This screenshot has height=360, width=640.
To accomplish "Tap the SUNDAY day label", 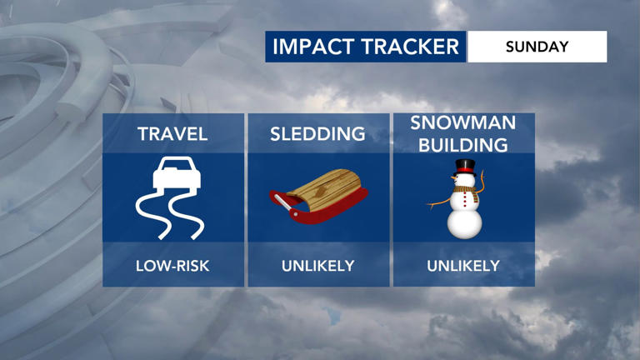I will [x=537, y=47].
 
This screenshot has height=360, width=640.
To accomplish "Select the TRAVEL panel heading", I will [x=172, y=133].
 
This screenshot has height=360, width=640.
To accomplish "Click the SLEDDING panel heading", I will [x=317, y=133].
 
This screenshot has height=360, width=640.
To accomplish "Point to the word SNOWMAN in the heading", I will [x=463, y=123].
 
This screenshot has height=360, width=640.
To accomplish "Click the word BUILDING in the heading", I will [x=463, y=144].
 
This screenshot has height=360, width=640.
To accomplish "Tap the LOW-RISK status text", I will [x=172, y=267].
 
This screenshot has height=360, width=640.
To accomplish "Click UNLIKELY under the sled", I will [x=317, y=267].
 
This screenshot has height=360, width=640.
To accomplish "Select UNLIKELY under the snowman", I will [x=463, y=267].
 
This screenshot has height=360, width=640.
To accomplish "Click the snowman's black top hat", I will [x=464, y=165].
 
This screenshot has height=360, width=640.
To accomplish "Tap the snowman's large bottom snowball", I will [x=464, y=221].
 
